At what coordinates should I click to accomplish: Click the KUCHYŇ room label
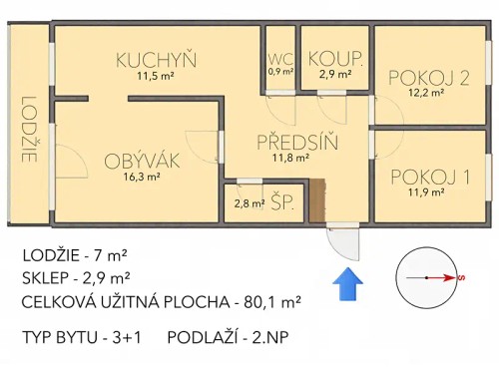155,59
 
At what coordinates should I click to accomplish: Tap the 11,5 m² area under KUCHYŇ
155,76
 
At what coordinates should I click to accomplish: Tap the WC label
279,57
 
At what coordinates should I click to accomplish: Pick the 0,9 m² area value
280,72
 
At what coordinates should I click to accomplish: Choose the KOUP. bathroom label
333,57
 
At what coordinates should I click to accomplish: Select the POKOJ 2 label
428,78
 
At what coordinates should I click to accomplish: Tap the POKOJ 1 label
430,176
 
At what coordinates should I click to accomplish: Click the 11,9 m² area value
430,191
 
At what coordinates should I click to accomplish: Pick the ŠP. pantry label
281,202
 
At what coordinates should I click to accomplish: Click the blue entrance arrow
347,282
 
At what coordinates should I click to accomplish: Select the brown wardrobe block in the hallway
317,200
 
